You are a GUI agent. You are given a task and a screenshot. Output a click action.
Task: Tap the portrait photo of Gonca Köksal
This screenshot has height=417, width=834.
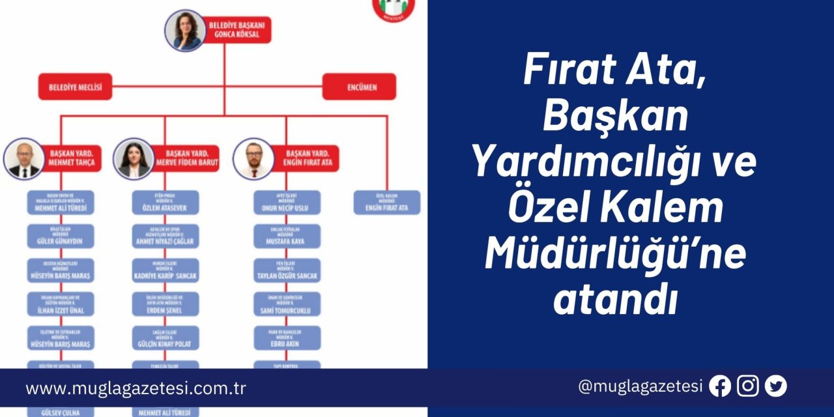[186, 30]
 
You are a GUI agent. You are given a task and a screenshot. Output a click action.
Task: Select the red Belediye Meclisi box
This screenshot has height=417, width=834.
[75, 87]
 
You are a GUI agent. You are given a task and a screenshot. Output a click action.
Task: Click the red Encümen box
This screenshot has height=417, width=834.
[359, 87]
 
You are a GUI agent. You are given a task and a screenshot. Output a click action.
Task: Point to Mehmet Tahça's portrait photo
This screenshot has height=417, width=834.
[24, 158]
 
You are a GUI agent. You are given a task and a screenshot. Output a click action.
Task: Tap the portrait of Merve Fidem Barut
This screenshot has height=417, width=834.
[134, 158]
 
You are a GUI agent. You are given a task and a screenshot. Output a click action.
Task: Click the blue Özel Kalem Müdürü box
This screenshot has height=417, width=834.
[387, 202]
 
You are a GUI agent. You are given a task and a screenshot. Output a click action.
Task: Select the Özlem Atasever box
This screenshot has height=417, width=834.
[165, 202]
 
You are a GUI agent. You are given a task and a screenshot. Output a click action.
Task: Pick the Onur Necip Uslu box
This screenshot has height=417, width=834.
[287, 202]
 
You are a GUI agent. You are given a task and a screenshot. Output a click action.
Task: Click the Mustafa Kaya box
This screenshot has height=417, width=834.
[287, 237]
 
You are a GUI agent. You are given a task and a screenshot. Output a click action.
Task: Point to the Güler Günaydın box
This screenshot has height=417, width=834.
[61, 237]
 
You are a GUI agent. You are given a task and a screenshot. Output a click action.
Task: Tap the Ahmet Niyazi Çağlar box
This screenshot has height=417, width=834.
[165, 237]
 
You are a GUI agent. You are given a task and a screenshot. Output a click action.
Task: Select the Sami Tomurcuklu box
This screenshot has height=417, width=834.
[287, 304]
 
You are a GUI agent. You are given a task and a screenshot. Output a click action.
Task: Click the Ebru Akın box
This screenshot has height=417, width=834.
[287, 338]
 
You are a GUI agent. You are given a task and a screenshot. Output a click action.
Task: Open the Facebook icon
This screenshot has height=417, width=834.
[720, 386]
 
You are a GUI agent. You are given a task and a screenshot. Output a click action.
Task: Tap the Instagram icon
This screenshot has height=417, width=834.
[748, 386]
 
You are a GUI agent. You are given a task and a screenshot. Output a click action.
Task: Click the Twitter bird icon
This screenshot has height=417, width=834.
[776, 386]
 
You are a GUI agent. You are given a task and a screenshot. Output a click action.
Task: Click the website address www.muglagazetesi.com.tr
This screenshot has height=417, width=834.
[136, 389]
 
